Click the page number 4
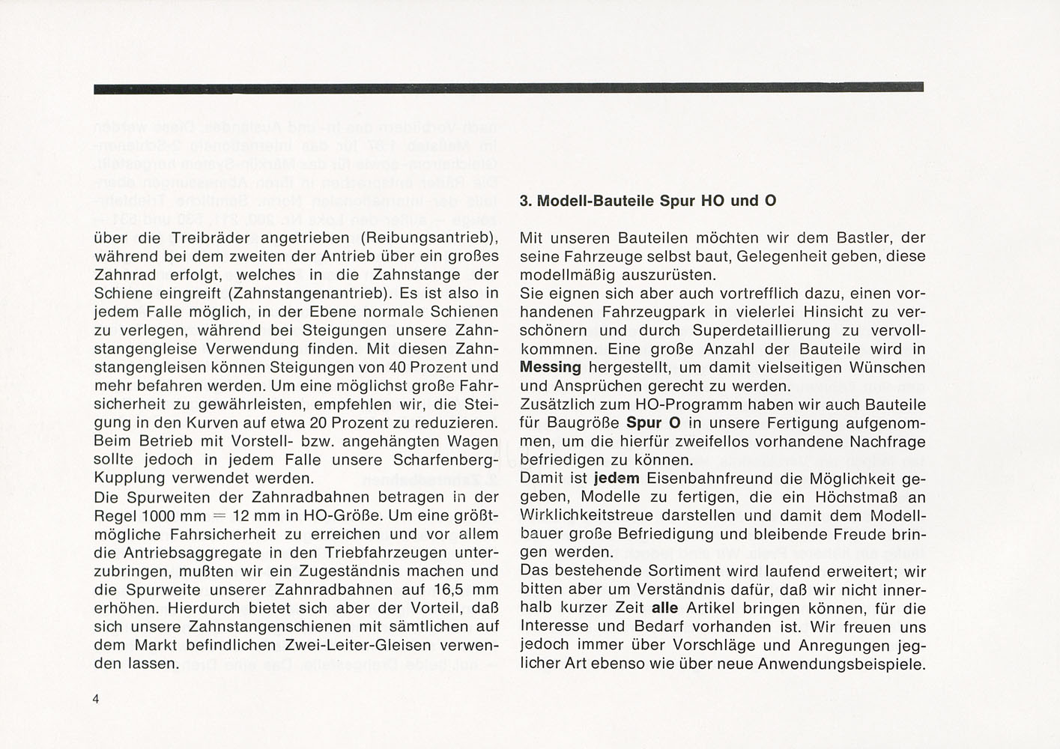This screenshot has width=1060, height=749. click(97, 699)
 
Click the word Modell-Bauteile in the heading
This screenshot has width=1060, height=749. click(596, 201)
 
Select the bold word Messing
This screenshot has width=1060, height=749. click(551, 368)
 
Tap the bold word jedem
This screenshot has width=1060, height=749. click(617, 479)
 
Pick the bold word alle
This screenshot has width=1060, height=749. click(665, 608)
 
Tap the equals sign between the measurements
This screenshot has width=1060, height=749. click(218, 516)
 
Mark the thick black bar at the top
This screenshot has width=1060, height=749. click(509, 88)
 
